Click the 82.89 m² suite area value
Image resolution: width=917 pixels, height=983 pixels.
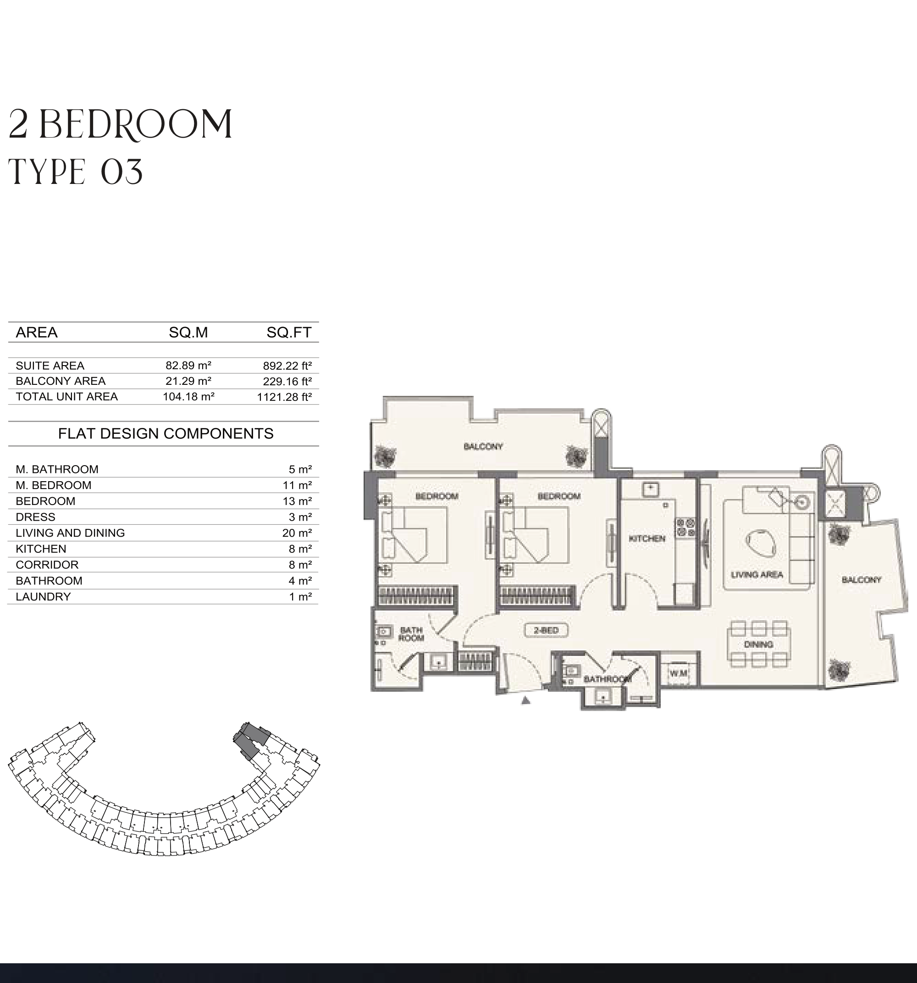188,366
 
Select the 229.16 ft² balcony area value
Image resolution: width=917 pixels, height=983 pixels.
287,381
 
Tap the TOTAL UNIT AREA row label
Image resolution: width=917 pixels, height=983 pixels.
67,397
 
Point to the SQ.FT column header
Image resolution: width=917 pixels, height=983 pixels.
289,332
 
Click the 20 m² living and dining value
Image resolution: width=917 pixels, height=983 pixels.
297,533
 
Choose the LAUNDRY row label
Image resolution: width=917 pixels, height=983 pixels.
44,597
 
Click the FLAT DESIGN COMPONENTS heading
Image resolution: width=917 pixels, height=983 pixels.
166,433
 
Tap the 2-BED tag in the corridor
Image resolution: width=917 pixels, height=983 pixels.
546,630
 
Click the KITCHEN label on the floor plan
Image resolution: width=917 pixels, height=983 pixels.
647,539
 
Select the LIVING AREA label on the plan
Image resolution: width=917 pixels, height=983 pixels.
757,575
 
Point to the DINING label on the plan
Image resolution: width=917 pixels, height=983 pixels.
758,644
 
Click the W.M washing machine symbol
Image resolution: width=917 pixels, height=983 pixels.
678,673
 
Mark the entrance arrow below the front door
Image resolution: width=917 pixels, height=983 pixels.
526,700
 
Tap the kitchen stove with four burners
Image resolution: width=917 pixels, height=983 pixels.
685,527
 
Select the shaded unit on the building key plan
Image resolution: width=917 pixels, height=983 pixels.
251,740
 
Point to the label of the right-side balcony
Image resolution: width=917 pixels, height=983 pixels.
862,579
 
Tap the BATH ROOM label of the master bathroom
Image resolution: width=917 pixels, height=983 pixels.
411,634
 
